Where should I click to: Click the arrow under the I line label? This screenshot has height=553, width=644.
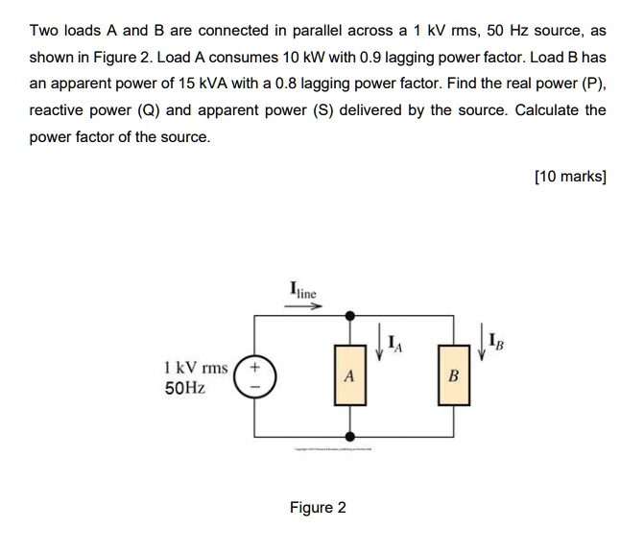[x=304, y=305]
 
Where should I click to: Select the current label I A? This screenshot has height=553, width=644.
[x=394, y=338]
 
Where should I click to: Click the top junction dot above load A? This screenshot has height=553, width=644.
[x=349, y=315]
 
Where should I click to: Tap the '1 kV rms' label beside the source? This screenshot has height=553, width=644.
[x=197, y=366]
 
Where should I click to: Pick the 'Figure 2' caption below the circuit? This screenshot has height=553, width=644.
[x=318, y=507]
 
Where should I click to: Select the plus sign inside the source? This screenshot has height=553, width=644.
[x=254, y=366]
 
